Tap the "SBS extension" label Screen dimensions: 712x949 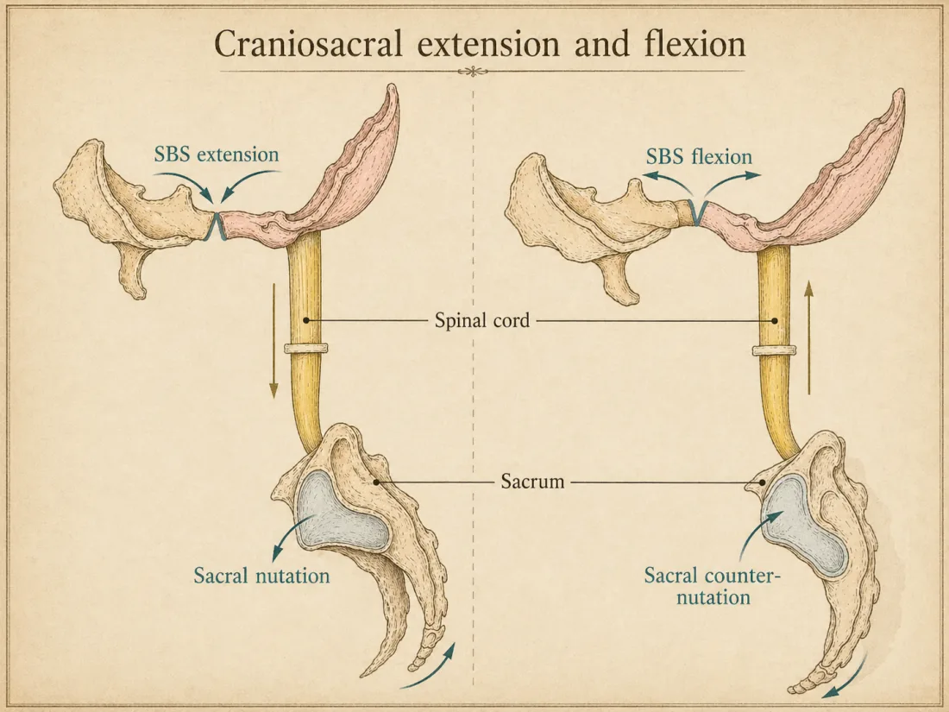pyautogui.click(x=217, y=155)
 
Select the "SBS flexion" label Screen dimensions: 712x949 pyautogui.click(x=700, y=157)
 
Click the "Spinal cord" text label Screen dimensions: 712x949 pyautogui.click(x=480, y=321)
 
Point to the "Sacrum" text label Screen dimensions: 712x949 pyautogui.click(x=532, y=482)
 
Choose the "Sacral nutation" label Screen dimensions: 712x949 pyautogui.click(x=261, y=575)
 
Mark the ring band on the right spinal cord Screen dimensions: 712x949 pyautogui.click(x=773, y=350)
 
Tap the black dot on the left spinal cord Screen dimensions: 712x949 pyautogui.click(x=306, y=321)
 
